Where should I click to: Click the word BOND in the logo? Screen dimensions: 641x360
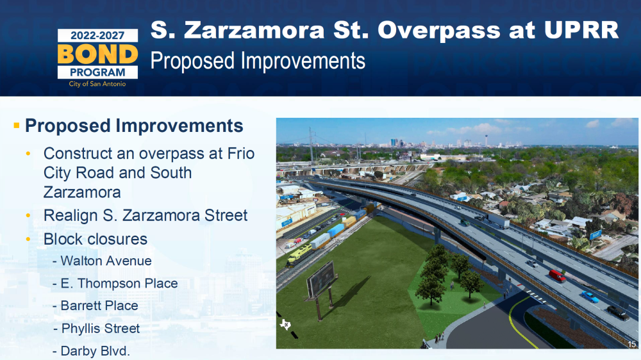pos(97,54)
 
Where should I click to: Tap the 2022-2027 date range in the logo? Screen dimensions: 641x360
pos(97,35)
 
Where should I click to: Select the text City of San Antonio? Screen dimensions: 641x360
pos(97,84)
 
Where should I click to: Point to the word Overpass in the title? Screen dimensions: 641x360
pos(440,31)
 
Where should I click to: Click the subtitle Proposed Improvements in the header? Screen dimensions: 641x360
pos(258,61)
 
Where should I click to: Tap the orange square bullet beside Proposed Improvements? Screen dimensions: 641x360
pos(17,126)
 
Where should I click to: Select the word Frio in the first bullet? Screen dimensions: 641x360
pos(241,153)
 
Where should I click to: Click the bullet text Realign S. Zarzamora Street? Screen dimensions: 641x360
pos(146,215)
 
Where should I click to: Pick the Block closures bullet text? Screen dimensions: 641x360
pos(96,239)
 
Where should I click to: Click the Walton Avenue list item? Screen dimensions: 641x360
pos(102,261)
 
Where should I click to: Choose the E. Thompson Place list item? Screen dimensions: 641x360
pos(115,283)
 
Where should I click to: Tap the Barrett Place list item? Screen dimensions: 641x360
pos(96,306)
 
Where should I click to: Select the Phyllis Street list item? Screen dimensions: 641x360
pos(97,329)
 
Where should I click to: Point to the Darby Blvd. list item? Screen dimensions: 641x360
pos(91,351)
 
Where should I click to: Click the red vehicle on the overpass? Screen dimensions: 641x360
pos(557,276)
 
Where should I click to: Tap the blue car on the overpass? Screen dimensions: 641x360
pos(590,297)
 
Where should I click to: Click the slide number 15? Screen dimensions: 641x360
pos(632,345)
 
